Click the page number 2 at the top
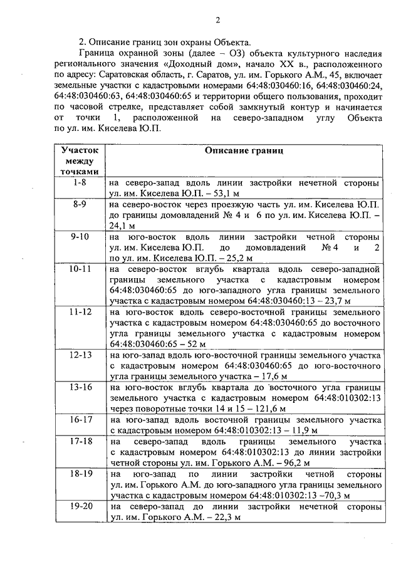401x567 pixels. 217,19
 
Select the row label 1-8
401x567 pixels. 80,183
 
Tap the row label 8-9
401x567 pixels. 80,204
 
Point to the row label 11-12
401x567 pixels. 80,311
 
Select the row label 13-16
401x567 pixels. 80,387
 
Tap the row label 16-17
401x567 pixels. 80,419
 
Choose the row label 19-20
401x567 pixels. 80,505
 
